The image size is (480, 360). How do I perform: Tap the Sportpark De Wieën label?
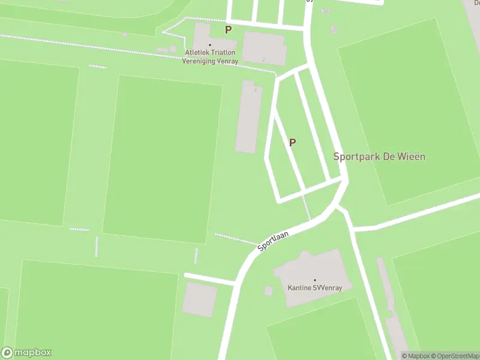(x=379, y=157)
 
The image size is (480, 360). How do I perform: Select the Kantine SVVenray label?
(x=314, y=287)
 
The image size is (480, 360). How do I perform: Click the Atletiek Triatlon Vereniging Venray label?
(x=210, y=56)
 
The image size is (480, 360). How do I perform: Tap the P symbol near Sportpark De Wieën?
(x=293, y=143)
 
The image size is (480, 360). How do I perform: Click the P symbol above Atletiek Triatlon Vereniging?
(x=228, y=29)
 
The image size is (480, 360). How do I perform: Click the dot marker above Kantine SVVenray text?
(x=314, y=280)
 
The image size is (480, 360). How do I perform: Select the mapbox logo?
(x=26, y=353)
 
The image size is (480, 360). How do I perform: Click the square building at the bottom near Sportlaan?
(x=199, y=299)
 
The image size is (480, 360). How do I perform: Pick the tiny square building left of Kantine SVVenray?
(x=268, y=291)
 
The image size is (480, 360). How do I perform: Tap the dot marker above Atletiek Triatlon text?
(x=210, y=45)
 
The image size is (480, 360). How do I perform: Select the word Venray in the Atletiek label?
(x=226, y=61)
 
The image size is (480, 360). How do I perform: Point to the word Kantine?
(x=299, y=287)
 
